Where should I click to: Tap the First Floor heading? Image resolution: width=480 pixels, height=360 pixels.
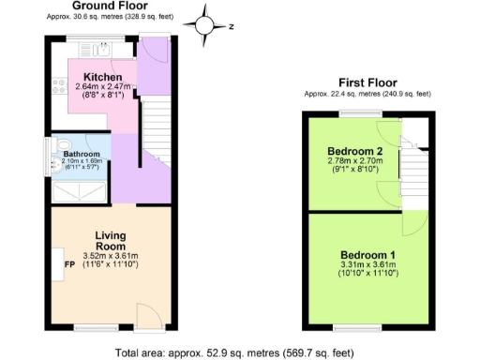click(367, 82)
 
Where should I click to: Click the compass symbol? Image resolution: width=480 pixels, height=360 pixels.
click(205, 26)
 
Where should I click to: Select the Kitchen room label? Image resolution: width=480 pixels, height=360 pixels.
click(101, 76)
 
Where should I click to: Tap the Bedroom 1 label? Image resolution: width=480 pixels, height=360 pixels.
click(367, 256)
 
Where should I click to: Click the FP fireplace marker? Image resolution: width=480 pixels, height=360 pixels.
click(68, 263)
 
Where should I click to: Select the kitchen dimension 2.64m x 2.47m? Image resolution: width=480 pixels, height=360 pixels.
click(105, 87)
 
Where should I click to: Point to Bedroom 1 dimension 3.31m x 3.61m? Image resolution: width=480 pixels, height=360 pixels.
click(368, 267)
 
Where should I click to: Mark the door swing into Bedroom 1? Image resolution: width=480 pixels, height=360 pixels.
click(412, 223)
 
